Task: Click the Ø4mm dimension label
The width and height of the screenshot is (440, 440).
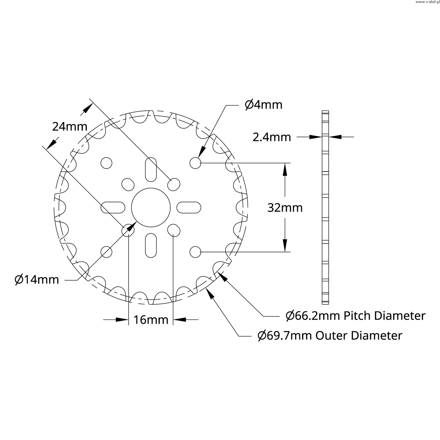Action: [264, 105]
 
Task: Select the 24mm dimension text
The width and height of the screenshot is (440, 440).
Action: [70, 126]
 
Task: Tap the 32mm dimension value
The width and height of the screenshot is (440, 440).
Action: [285, 208]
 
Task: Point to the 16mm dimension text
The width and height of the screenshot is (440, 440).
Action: [151, 320]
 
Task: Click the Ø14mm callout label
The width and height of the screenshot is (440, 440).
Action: [37, 279]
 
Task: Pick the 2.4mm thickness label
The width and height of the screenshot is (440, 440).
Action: [272, 137]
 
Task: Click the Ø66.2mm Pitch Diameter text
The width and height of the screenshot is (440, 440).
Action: [355, 316]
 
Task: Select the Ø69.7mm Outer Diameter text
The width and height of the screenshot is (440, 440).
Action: [330, 335]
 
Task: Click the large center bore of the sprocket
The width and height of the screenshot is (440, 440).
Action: [151, 208]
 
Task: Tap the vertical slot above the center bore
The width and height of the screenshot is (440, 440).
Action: [151, 170]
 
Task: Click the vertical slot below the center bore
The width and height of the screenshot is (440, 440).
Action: [151, 245]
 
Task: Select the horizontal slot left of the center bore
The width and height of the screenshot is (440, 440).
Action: [113, 208]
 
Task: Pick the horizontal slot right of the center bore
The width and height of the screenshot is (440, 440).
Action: [189, 208]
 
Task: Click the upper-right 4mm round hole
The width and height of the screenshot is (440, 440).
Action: [195, 163]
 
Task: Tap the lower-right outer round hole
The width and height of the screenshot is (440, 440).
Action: [195, 252]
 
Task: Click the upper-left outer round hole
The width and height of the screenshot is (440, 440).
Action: [107, 163]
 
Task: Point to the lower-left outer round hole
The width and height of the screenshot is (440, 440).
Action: [107, 252]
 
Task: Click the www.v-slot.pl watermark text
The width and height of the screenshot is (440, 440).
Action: [427, 2]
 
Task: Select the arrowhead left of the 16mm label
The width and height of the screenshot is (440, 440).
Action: [122, 320]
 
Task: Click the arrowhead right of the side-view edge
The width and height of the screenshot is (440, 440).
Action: [335, 137]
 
